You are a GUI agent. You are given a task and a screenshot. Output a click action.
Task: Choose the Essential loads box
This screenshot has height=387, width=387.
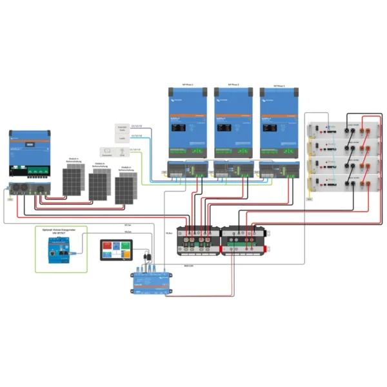coord(123,132)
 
